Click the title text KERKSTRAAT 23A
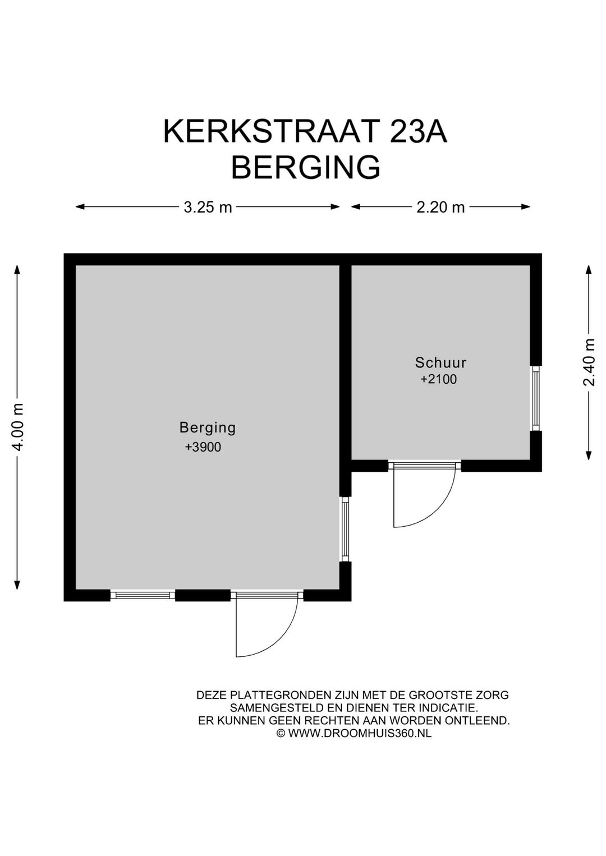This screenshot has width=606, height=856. [x=305, y=132]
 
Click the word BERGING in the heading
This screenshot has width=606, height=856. [x=305, y=168]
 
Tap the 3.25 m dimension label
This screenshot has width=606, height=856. [x=208, y=207]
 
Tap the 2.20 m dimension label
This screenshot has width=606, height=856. [x=440, y=207]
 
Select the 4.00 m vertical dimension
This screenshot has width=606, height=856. [x=18, y=427]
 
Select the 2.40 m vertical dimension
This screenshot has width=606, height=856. [x=589, y=363]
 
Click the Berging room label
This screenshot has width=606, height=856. [x=208, y=427]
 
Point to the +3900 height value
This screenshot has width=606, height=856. [x=203, y=447]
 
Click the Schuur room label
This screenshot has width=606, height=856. [x=440, y=362]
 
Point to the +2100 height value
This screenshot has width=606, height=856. [x=439, y=379]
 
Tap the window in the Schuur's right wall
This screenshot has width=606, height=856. [x=536, y=398]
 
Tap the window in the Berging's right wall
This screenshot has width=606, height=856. [x=345, y=528]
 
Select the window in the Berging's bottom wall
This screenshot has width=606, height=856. [x=143, y=595]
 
